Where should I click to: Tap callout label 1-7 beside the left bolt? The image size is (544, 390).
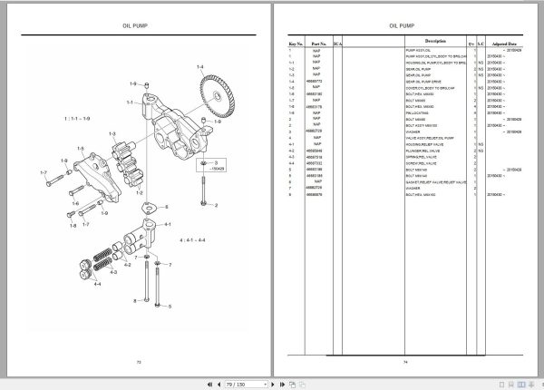[43, 171]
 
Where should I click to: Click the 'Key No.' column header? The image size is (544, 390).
[294, 43]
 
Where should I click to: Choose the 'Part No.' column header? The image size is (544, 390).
[317, 43]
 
